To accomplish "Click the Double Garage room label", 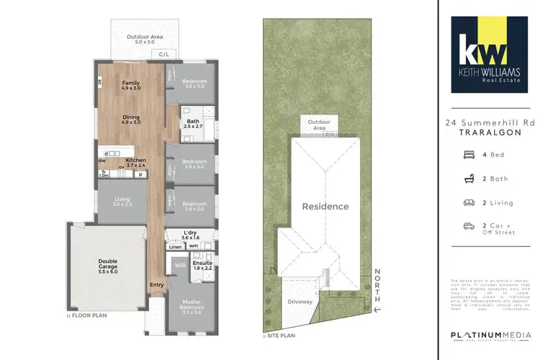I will click(x=108, y=265).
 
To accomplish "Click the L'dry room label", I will click(x=191, y=234).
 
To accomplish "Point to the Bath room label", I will click(x=192, y=123).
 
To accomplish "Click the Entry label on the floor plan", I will click(x=157, y=284).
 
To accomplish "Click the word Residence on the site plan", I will click(x=325, y=207).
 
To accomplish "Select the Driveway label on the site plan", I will click(x=299, y=302).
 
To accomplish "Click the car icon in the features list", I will click(x=469, y=225).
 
